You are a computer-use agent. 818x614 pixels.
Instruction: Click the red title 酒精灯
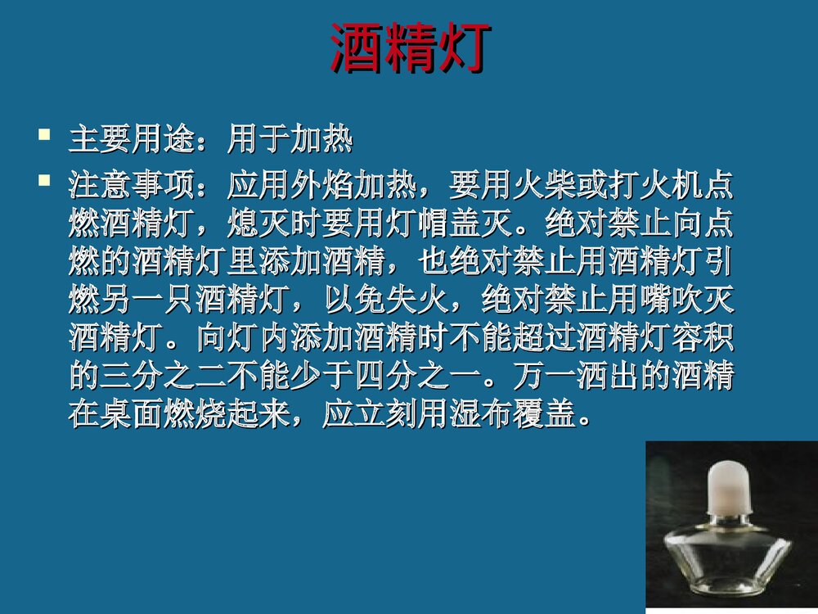point(410,48)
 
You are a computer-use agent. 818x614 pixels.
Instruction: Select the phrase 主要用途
point(133,141)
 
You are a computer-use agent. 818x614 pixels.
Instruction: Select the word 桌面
point(133,414)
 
